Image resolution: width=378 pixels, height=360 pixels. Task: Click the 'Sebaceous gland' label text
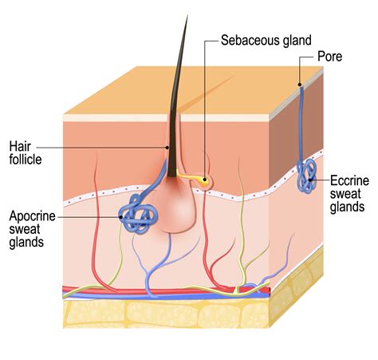point(266,41)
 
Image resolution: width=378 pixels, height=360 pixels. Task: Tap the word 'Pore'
point(329,57)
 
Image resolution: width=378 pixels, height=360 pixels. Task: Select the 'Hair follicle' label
point(26,153)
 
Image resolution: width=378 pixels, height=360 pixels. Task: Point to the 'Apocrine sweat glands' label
point(32,229)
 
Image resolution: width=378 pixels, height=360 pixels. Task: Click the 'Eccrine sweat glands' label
point(349,194)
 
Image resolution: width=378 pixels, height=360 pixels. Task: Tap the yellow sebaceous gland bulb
point(205,181)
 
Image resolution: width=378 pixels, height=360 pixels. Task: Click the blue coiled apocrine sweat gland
point(138,215)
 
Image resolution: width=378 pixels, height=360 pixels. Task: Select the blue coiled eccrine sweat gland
point(307,176)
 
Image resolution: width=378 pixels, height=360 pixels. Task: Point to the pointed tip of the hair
point(187,16)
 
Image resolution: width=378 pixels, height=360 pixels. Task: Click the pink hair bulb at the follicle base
point(174,205)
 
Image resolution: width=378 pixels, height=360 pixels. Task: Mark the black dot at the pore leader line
point(300,85)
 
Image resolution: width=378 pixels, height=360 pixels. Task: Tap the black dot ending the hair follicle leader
point(167,147)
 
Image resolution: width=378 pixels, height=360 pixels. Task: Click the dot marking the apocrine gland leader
point(121,217)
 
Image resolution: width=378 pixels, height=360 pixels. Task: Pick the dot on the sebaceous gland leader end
point(205,180)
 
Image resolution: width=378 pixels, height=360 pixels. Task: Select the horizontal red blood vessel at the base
point(167,291)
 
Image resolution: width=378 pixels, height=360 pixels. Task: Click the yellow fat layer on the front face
point(166,314)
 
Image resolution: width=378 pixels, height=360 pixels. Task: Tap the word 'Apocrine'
point(32,216)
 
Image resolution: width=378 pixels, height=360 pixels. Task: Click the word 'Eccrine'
point(349,181)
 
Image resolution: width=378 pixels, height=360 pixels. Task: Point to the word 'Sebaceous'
point(250,40)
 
